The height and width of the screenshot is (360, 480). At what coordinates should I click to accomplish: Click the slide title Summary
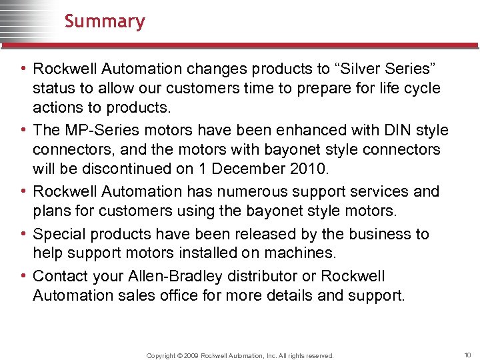point(105,21)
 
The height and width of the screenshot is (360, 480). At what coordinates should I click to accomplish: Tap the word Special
point(59,234)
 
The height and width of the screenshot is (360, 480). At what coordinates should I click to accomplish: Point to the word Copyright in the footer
point(162,356)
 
